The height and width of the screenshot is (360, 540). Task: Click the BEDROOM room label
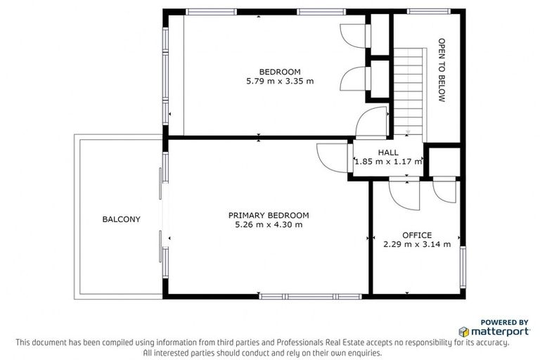(279, 71)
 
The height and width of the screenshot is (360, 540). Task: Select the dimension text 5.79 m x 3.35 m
(279, 81)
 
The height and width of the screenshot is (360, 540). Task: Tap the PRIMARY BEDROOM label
(268, 215)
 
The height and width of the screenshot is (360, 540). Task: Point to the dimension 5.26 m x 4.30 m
(268, 225)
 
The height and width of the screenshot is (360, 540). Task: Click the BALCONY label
(121, 219)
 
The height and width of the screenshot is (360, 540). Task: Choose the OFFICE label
(416, 235)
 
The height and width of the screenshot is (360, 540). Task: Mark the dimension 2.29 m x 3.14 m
(416, 245)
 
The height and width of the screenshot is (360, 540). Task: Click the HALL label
(387, 152)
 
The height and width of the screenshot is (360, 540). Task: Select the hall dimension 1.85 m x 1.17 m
(387, 162)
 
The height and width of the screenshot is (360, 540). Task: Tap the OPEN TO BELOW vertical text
(442, 70)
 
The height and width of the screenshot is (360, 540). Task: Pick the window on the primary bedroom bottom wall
(309, 295)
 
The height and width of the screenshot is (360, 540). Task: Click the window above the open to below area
(429, 11)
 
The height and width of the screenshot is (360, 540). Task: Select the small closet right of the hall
(444, 160)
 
